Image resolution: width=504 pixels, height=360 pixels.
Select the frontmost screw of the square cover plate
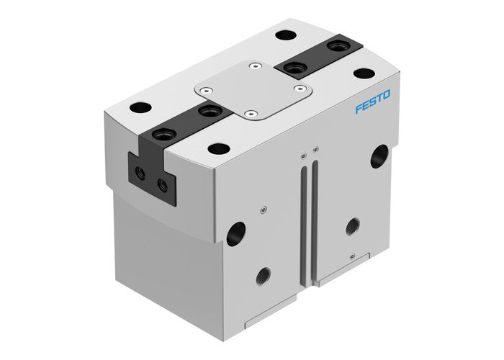click(250, 113)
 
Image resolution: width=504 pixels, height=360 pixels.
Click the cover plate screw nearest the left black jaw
click(207, 91)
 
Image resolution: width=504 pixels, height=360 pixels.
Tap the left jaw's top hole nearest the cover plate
click(210, 111)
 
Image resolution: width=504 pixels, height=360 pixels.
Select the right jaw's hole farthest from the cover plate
click(336, 47)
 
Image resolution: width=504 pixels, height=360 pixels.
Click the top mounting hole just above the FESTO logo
click(363, 73)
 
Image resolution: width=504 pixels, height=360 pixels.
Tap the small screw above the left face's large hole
click(264, 209)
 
